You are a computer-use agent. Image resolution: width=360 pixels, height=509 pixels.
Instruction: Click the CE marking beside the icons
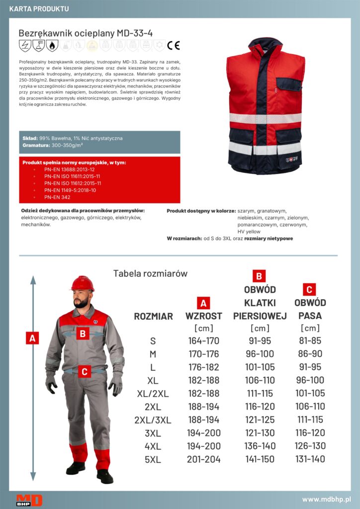pos(174,45)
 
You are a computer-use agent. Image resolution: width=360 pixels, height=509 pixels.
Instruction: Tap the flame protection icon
pos(52,45)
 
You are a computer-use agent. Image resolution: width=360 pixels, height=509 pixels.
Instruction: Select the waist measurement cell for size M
pos(310,353)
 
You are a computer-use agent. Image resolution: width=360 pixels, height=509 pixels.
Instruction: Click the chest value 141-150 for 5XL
pos(260,459)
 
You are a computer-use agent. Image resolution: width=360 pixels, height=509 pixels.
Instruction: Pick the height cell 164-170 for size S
pos(204,340)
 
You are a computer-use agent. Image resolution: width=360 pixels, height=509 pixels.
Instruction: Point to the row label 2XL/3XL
pos(153,420)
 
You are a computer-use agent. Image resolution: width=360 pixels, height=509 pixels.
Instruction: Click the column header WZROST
pos(204,316)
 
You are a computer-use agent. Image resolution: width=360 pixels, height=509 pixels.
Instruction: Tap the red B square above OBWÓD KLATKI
pos(259,276)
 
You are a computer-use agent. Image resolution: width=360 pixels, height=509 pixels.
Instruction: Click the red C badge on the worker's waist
pos(85,371)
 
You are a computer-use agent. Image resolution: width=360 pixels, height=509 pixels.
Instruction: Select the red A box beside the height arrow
pos(32,338)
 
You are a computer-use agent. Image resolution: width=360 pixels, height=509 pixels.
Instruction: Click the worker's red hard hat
pos(83,283)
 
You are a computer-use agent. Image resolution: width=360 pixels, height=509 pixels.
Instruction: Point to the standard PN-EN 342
pos(57,197)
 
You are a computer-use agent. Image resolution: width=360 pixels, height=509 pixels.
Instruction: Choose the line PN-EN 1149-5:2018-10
pos(70,190)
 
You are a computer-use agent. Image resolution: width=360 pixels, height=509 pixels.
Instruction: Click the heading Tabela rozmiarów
pos(150,273)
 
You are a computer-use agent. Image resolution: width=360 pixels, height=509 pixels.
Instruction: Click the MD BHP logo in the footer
pos(29,500)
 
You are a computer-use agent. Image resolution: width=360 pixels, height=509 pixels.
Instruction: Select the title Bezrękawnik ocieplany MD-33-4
pos(86,33)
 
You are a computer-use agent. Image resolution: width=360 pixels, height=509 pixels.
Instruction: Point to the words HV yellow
pos(249,232)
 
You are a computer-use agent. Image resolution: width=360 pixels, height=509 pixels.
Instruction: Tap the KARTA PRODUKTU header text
pos(39,9)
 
